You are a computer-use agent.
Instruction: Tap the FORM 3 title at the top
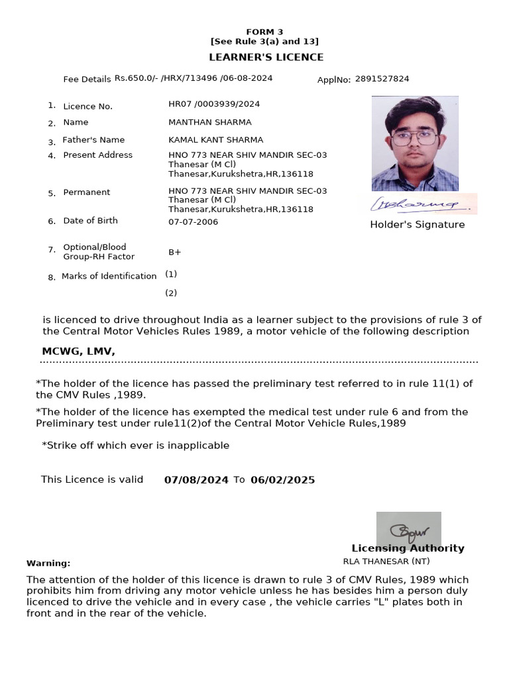tap(264, 32)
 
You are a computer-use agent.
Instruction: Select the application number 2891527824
tap(382, 79)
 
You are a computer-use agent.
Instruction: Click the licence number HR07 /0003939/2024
tap(214, 104)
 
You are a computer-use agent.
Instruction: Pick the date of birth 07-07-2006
tap(193, 221)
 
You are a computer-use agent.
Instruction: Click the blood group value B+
tap(175, 253)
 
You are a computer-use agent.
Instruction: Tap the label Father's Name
tap(93, 140)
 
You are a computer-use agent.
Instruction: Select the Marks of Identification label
tap(109, 276)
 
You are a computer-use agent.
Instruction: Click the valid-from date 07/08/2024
tap(196, 479)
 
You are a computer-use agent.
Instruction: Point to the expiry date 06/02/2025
tap(282, 479)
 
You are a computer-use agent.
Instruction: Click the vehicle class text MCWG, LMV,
tap(78, 351)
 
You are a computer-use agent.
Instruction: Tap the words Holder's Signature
tap(417, 225)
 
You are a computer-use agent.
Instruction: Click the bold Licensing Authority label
tap(408, 548)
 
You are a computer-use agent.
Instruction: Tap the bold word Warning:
tap(48, 563)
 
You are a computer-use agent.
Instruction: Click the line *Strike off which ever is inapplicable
tap(135, 446)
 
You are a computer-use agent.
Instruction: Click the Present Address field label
tap(97, 155)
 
